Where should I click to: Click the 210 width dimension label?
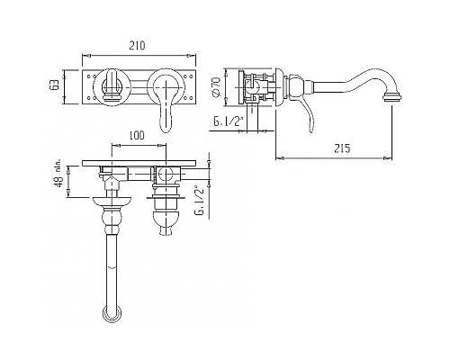point(137,46)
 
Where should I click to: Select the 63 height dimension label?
point(54,85)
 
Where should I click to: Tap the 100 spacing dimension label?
point(137,135)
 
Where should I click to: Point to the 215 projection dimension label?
point(342,148)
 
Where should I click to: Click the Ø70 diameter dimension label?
point(216,86)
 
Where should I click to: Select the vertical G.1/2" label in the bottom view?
point(199,201)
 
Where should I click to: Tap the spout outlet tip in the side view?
point(392,97)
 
